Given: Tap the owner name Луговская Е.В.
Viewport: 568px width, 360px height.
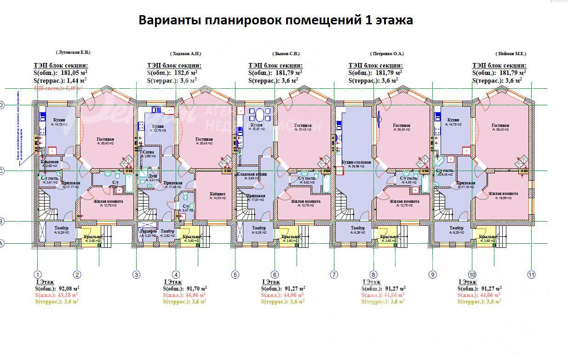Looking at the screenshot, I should click(x=73, y=52).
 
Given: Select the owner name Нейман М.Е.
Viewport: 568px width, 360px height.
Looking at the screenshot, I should click(x=511, y=53).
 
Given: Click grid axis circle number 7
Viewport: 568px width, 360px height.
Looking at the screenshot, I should click(x=334, y=275).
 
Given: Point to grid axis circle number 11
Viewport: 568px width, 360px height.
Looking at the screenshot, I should click(x=531, y=275).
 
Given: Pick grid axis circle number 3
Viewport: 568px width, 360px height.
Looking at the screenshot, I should click(x=136, y=275).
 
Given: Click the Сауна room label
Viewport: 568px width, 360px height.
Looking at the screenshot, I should click(x=149, y=152).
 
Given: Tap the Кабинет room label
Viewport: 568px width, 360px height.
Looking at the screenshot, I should click(x=218, y=194).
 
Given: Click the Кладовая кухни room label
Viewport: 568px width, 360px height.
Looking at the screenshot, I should click(x=252, y=174).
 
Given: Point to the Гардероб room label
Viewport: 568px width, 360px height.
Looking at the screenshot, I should click(x=148, y=231).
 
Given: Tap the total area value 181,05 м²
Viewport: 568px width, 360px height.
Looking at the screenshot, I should click(x=74, y=72).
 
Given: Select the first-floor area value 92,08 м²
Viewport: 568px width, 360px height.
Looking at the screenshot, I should click(x=64, y=289).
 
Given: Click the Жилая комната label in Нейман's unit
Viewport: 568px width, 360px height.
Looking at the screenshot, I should click(x=503, y=194).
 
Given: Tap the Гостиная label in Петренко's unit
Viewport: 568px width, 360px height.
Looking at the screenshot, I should click(x=402, y=126).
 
